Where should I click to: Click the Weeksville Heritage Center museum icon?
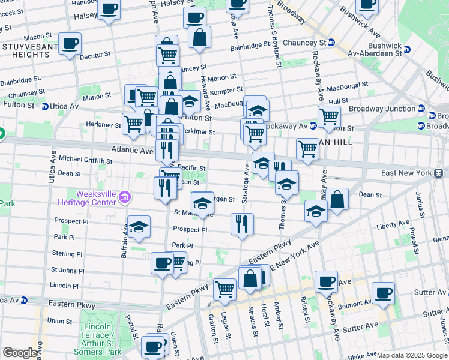tap(124, 196)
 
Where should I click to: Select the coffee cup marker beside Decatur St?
tap(70, 44)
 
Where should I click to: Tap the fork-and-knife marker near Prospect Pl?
tap(242, 225)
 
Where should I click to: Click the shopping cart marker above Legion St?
tap(225, 289)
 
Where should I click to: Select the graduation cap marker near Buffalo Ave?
tap(139, 227)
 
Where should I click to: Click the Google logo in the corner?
tap(20, 352)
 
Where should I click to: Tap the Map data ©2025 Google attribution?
tap(411, 355)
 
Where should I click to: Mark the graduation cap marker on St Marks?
tap(203, 203)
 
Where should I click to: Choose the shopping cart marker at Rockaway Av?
tap(329, 116)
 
